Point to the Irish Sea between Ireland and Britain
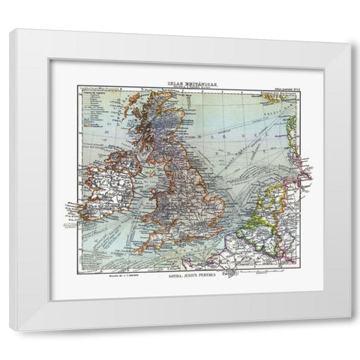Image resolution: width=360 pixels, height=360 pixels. (x=142, y=184)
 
